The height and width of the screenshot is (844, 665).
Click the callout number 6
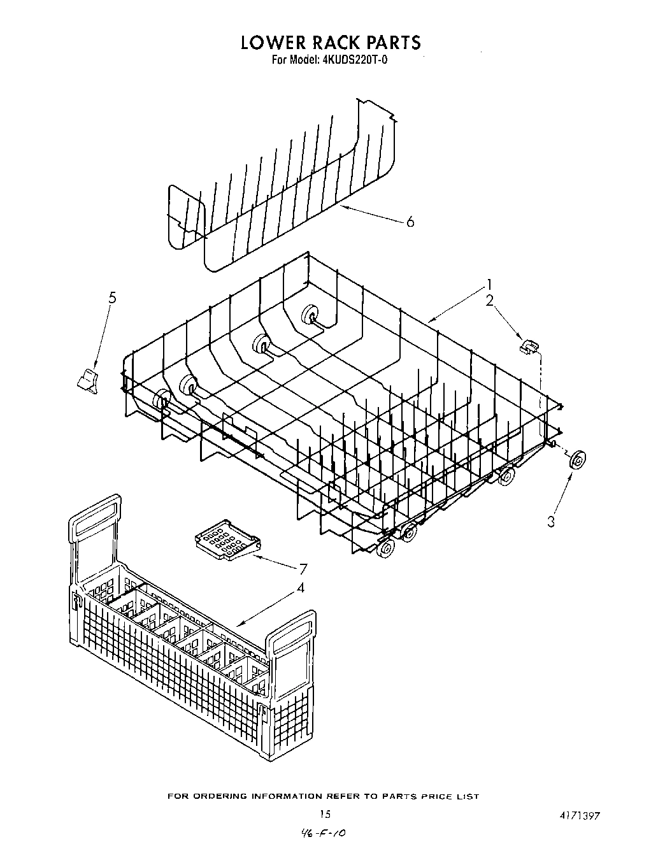coord(410,222)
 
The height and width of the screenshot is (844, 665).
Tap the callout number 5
coord(113,297)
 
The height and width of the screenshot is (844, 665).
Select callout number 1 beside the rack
coord(489,284)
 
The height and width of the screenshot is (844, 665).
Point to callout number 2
coord(489,301)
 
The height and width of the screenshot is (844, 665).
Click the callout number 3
coord(551,522)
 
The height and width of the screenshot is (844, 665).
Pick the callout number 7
coord(303,569)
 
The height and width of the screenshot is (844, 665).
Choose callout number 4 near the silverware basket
coord(300,588)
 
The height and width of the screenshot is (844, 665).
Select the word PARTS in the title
coord(390,43)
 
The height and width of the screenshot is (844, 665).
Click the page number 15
coord(325,814)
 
